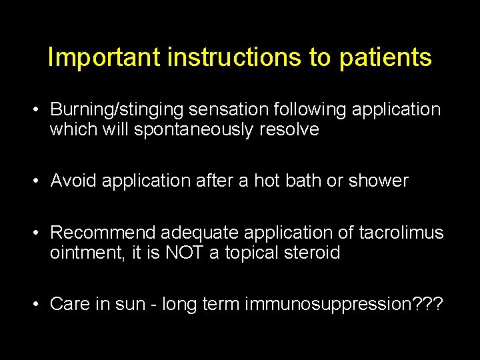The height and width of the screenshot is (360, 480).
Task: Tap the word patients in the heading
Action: pos(385,59)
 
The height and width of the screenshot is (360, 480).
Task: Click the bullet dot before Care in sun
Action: pos(40,304)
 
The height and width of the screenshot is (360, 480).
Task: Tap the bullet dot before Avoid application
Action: pos(40,180)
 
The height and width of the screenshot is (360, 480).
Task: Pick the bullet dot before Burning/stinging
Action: pos(40,109)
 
